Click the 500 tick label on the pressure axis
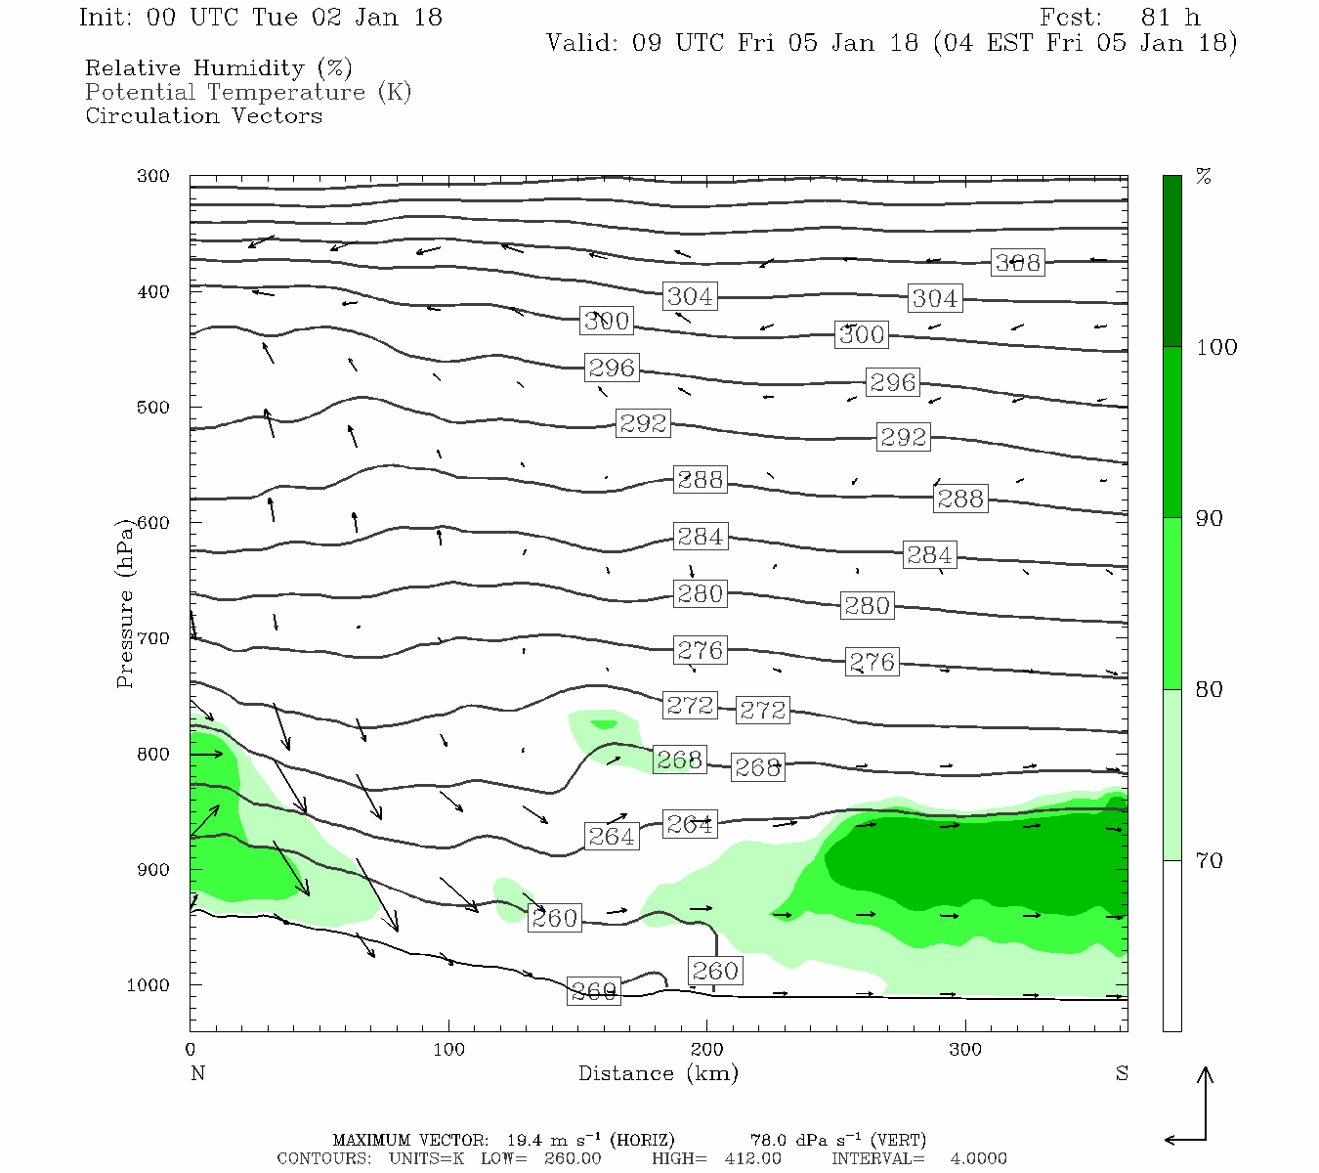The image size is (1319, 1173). pos(153,407)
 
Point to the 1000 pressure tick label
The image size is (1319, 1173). pos(149,984)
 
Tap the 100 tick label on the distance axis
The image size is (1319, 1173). pos(448,1050)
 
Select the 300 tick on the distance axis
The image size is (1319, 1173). pos(965,1050)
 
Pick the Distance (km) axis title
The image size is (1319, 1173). pos(658,1073)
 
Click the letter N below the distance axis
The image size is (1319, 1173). pos(197,1073)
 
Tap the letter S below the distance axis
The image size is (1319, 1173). pos(1122,1073)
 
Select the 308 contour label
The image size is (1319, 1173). pos(1017,262)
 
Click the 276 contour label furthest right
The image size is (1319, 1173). pos(872,662)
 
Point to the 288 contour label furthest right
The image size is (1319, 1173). pos(959,499)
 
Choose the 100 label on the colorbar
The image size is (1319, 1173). pos(1216,347)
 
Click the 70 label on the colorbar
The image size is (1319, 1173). pos(1209,860)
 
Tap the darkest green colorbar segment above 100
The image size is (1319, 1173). pos(1171,261)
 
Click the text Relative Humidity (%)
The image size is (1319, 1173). pos(218,68)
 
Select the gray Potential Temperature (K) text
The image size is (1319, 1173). pos(248,92)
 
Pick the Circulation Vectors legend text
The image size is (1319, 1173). pos(203,115)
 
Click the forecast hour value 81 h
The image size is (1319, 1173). pos(1170,18)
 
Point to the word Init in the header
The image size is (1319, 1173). pos(101,18)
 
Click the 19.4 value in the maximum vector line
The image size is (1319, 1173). pos(524,1140)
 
